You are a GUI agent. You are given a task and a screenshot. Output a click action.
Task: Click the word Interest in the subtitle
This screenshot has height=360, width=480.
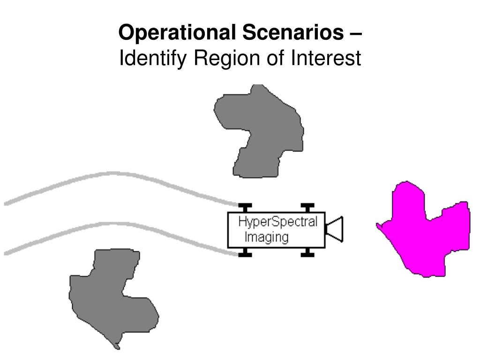(326, 59)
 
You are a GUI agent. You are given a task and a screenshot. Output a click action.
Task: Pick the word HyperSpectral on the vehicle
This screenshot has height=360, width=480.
(277, 222)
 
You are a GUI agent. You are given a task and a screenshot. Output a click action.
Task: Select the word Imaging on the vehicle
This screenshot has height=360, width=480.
(266, 237)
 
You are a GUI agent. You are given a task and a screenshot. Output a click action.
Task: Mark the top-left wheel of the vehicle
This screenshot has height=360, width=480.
(245, 208)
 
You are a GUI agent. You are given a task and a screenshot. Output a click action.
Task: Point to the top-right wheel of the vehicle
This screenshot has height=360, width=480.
(307, 208)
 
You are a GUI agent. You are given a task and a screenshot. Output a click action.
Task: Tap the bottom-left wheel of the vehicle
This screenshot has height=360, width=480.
(245, 253)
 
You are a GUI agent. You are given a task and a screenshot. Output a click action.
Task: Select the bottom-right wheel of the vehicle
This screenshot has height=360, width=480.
(307, 253)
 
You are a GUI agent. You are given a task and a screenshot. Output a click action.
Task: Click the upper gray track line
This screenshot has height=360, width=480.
(112, 174)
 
